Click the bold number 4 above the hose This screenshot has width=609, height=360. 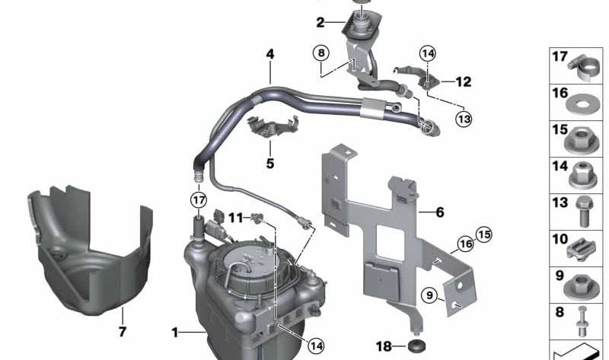tap(269, 55)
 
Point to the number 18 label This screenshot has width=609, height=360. tap(384, 346)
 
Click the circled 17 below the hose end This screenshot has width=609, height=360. tap(199, 199)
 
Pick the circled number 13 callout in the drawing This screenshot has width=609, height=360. tap(464, 119)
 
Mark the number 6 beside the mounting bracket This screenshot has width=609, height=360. tap(439, 213)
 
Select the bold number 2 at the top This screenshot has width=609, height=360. tap(320, 23)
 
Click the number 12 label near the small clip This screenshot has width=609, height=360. tap(463, 81)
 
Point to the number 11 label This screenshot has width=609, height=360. tap(235, 218)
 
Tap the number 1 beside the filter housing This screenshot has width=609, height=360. tap(175, 333)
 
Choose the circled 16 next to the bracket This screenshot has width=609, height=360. tap(465, 244)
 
